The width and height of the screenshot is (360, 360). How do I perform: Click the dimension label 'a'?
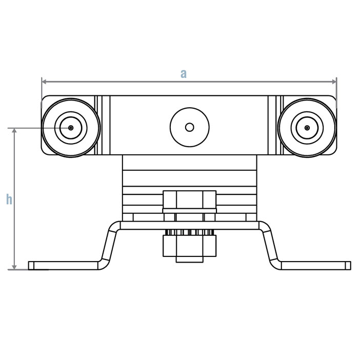pyautogui.click(x=183, y=73)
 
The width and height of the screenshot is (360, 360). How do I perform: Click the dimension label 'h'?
pyautogui.click(x=9, y=199)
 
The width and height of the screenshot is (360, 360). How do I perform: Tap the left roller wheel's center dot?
pyautogui.click(x=71, y=128)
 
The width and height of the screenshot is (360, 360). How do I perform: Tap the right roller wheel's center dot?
pyautogui.click(x=307, y=128)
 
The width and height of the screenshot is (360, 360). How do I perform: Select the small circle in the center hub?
pyautogui.click(x=190, y=127)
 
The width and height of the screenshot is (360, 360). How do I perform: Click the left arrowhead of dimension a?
pyautogui.click(x=45, y=81)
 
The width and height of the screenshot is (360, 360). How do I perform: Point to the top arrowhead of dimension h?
pyautogui.click(x=15, y=131)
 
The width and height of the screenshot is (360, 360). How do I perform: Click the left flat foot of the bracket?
pyautogui.click(x=62, y=265)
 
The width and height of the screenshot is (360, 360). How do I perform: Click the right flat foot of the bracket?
pyautogui.click(x=315, y=265)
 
